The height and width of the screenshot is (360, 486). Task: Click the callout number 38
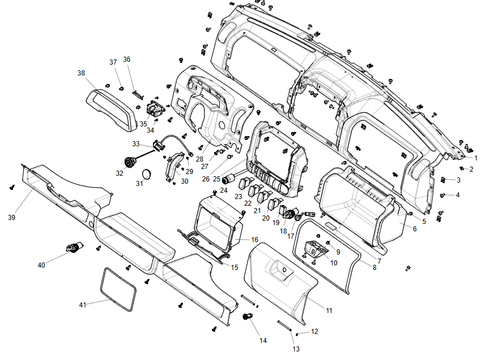click(x=82, y=73)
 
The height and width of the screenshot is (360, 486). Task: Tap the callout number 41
click(x=83, y=305)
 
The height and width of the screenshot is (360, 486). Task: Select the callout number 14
click(x=263, y=341)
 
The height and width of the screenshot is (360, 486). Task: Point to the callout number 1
click(x=476, y=158)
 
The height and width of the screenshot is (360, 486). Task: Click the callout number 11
click(x=329, y=310)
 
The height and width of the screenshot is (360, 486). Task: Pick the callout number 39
click(x=11, y=217)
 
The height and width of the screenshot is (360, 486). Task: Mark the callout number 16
click(x=254, y=240)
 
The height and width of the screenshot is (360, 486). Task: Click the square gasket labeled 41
click(x=118, y=290)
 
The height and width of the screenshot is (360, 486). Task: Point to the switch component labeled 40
click(x=74, y=247)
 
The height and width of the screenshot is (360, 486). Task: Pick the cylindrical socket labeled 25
click(x=230, y=180)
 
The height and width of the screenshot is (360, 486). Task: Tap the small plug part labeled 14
click(x=248, y=316)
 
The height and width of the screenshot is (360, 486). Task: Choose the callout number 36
click(x=127, y=60)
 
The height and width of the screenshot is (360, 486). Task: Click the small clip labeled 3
click(x=444, y=180)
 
